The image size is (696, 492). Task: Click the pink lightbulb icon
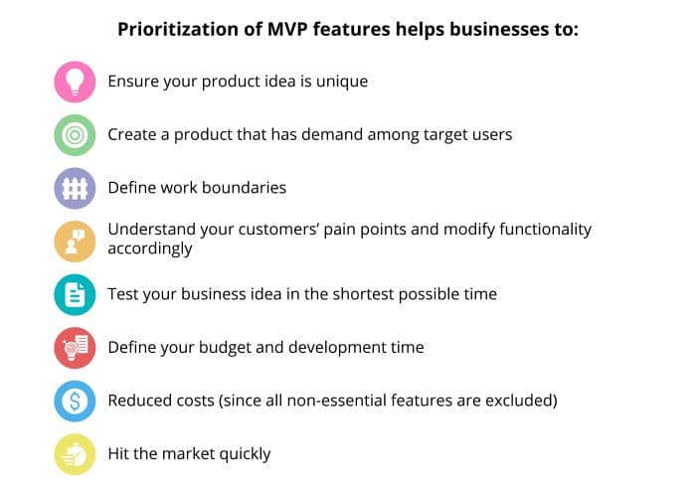pos(75,82)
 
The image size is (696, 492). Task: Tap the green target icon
pos(75,135)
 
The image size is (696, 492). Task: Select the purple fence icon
pos(75,189)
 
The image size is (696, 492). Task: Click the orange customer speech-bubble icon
pos(75,242)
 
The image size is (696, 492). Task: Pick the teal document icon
pos(75,295)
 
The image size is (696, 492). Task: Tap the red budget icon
pos(75,348)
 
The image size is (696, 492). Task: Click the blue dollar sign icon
pos(75,401)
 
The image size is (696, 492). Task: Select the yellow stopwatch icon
pos(75,454)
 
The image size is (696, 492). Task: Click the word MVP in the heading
pos(287,29)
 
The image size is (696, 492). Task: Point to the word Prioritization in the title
pos(178,29)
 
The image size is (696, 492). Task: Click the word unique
pos(342,82)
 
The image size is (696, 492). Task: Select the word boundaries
pos(244,188)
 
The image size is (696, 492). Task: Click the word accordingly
pos(150,249)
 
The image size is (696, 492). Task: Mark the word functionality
pos(545,231)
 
